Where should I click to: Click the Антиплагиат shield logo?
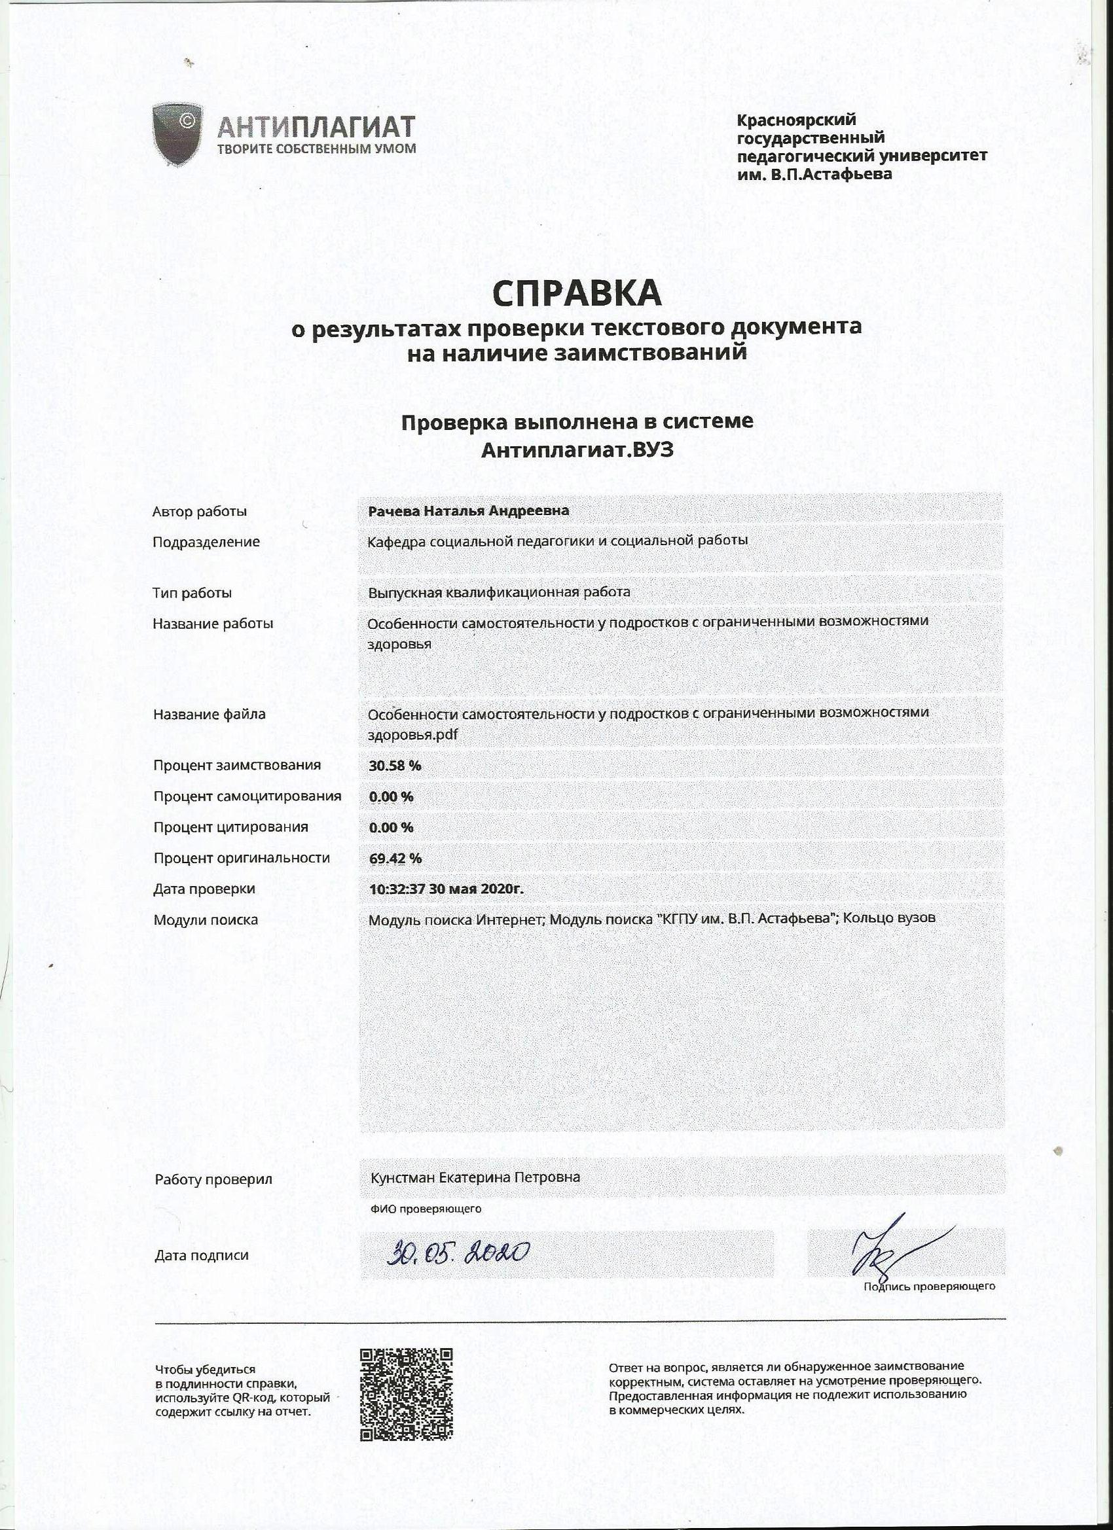[177, 133]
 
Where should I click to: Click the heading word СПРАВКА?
[576, 293]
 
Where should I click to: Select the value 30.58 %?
[395, 766]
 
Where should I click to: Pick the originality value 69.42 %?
[395, 858]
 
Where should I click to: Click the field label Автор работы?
[199, 511]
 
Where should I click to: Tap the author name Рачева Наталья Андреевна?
[468, 511]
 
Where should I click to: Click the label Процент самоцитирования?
[247, 796]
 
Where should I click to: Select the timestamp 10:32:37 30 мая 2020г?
[446, 889]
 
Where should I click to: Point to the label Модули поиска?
[205, 919]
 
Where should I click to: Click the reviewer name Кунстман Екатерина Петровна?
[475, 1177]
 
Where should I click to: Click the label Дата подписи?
[201, 1255]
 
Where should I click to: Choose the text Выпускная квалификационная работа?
[499, 592]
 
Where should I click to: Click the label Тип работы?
[192, 593]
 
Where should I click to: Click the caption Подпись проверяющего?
[929, 1287]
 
